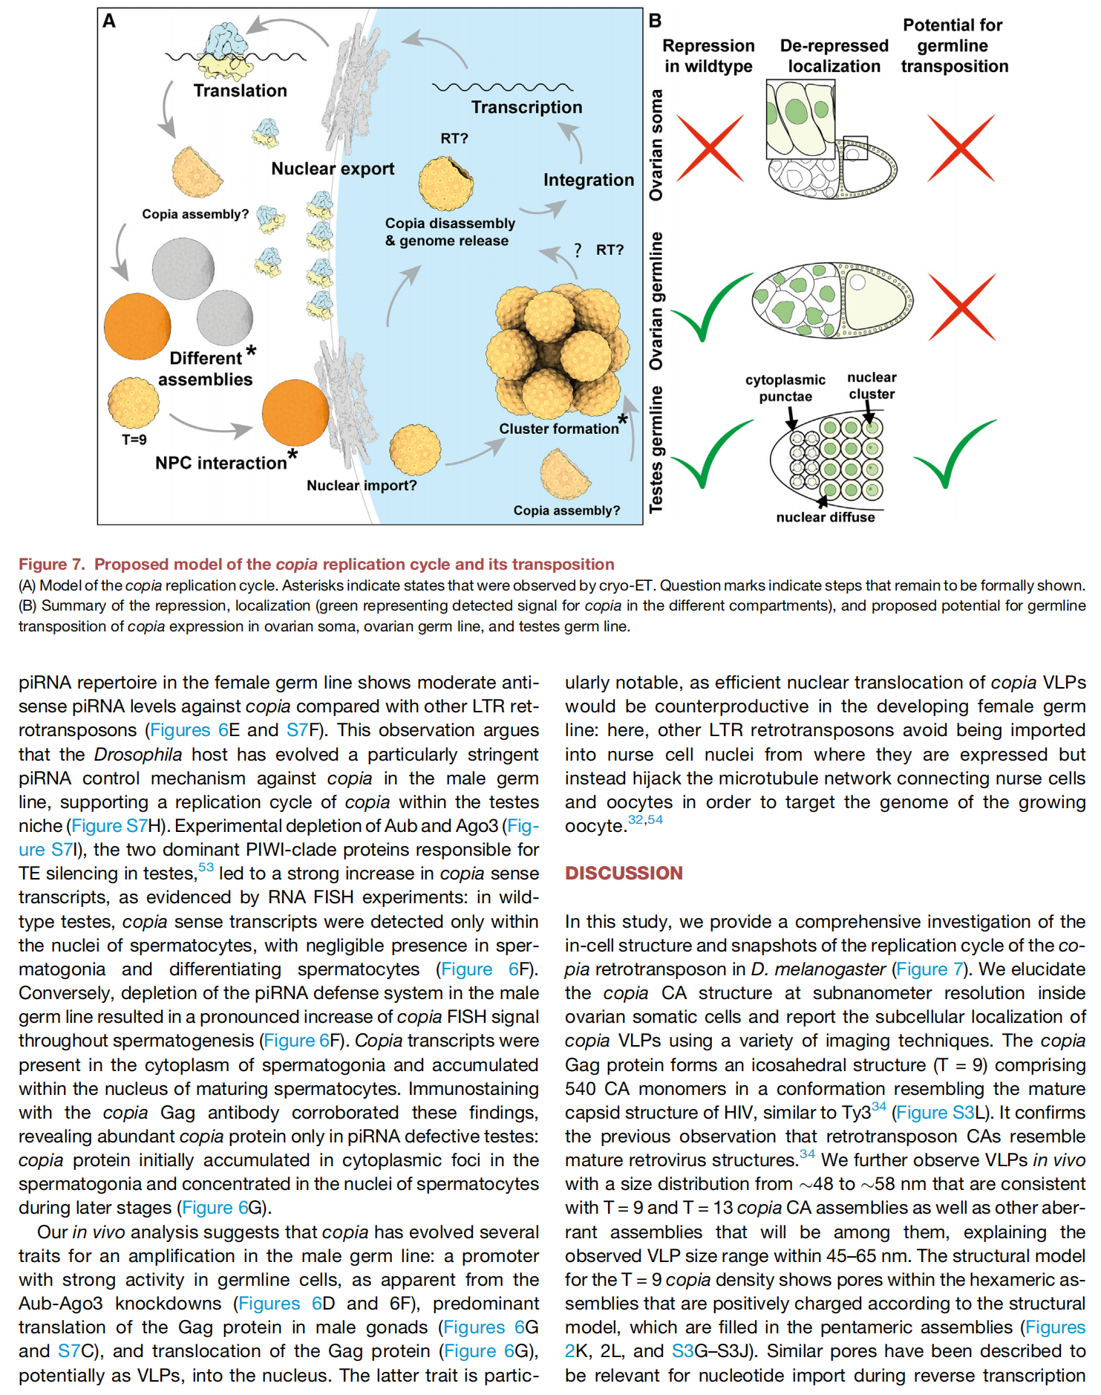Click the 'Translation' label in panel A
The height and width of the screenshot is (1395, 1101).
pos(240,91)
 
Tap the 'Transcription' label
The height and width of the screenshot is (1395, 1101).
pos(526,107)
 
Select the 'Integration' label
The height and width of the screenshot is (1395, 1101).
pos(589,180)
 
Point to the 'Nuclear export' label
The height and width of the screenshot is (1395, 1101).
pos(333,169)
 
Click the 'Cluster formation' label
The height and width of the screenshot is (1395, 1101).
pos(559,429)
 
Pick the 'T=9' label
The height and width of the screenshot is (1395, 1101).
pos(134,440)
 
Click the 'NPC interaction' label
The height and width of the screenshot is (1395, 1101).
pos(220,463)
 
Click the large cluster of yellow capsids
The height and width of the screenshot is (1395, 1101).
pos(553,350)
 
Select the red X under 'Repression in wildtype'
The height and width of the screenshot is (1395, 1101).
pos(710,148)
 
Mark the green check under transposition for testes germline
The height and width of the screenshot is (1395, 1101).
pos(954,452)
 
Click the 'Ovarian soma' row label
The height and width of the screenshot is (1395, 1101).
pos(656,145)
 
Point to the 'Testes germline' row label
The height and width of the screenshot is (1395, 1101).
pos(656,449)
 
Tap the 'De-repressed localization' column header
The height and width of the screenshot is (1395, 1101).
pos(834,56)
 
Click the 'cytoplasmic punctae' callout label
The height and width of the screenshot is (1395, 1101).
pos(785,388)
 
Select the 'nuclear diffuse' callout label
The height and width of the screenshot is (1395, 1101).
pos(826,517)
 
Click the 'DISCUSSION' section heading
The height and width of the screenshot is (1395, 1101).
pos(624,873)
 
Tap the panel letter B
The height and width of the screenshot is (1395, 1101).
pos(655,21)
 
